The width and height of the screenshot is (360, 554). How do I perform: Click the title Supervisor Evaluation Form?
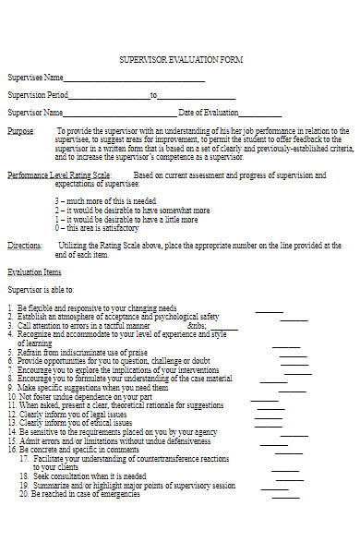pyautogui.click(x=180, y=59)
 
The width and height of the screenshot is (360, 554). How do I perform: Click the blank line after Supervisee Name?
pyautogui.click(x=134, y=80)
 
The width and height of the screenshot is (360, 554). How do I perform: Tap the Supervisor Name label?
pyautogui.click(x=35, y=113)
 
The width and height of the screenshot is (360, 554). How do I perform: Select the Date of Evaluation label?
pyautogui.click(x=210, y=113)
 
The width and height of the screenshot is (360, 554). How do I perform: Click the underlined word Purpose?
pyautogui.click(x=21, y=131)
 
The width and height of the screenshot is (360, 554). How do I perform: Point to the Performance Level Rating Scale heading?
pyautogui.click(x=59, y=175)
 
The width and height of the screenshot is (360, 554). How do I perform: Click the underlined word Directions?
pyautogui.click(x=24, y=247)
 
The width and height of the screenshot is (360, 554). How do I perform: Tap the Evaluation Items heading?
pyautogui.click(x=35, y=272)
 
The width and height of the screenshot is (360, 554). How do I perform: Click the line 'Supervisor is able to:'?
pyautogui.click(x=42, y=290)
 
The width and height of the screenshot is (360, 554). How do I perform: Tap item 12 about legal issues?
pyautogui.click(x=78, y=415)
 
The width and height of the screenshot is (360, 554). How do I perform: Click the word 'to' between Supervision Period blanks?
pyautogui.click(x=154, y=95)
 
